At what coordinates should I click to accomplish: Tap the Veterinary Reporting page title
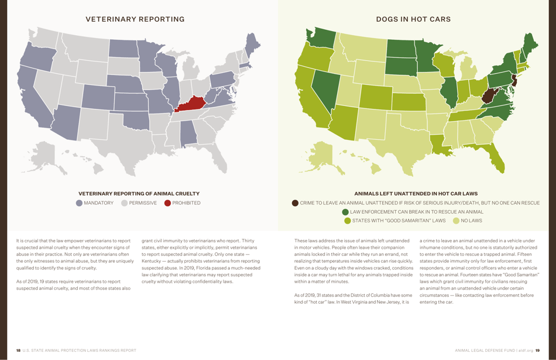coord(135,19)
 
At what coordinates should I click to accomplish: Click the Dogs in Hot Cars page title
coord(413,19)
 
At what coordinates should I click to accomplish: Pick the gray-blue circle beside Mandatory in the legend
coord(80,203)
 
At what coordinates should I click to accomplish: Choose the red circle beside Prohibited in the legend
coord(167,203)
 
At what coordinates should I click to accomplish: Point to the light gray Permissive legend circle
coord(124,203)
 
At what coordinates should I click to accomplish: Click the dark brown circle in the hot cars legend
coord(295,203)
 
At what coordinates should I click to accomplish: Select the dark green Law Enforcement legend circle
coord(345,212)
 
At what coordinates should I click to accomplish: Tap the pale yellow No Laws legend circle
coord(456,221)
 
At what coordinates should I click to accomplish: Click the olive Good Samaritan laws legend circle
coord(348,221)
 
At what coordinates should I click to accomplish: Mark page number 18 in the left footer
coord(18,351)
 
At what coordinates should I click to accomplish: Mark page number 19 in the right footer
coord(537,351)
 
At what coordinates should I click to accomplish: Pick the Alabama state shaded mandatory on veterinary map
coord(188,133)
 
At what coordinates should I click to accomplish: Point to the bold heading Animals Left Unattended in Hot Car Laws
coord(416,194)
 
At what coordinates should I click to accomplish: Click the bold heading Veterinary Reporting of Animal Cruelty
coord(139,194)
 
